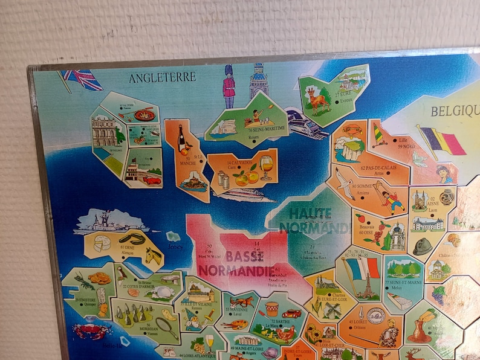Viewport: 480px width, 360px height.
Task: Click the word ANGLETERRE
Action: (162, 77)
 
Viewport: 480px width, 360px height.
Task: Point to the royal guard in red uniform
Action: (229, 86)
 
